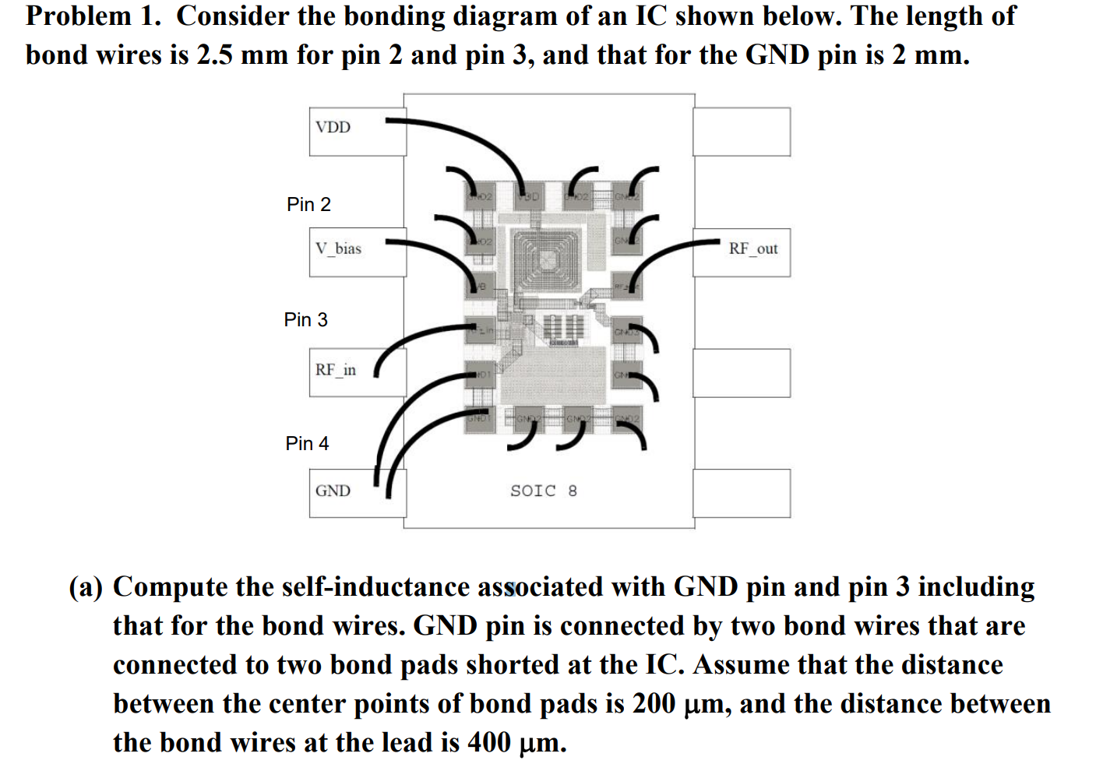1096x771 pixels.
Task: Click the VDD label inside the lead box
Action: [x=333, y=127]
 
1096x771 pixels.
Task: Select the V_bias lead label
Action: [x=338, y=248]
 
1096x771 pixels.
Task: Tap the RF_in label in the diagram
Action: [x=335, y=370]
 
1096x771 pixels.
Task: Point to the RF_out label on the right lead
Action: [x=752, y=248]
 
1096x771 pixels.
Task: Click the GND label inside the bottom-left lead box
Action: [x=333, y=491]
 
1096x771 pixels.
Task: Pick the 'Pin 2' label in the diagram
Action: [x=308, y=204]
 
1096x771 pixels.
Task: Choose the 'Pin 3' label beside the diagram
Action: [x=305, y=319]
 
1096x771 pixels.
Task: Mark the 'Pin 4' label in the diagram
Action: [x=307, y=443]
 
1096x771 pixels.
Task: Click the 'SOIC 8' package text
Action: [x=543, y=491]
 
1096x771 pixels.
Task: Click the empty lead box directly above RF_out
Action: [x=742, y=132]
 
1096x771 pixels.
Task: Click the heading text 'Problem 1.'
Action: [x=93, y=16]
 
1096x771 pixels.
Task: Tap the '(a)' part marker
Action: [x=86, y=586]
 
